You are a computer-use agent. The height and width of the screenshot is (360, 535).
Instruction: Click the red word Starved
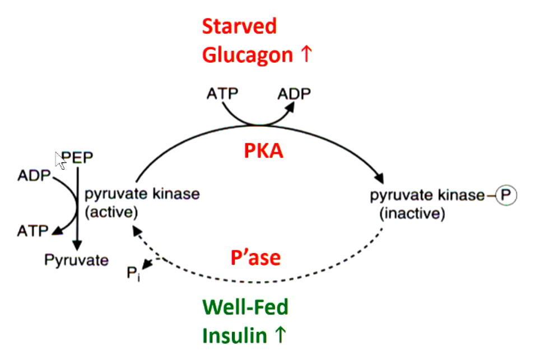(239, 26)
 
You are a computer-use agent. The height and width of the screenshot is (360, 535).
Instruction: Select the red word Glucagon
(247, 55)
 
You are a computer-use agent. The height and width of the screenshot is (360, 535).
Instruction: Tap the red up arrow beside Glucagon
(305, 55)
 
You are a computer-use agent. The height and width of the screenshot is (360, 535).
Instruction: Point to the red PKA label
(263, 151)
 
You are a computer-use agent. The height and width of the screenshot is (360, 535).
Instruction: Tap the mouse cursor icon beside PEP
(61, 160)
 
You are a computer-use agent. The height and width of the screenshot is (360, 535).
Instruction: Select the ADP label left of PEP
(34, 176)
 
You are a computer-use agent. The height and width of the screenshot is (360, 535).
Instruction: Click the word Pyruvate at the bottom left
(77, 260)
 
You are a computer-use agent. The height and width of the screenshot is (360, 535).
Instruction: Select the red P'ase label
(255, 258)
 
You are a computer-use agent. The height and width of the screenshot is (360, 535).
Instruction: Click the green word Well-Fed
(245, 307)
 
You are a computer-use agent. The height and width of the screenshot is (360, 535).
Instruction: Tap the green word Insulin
(234, 336)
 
